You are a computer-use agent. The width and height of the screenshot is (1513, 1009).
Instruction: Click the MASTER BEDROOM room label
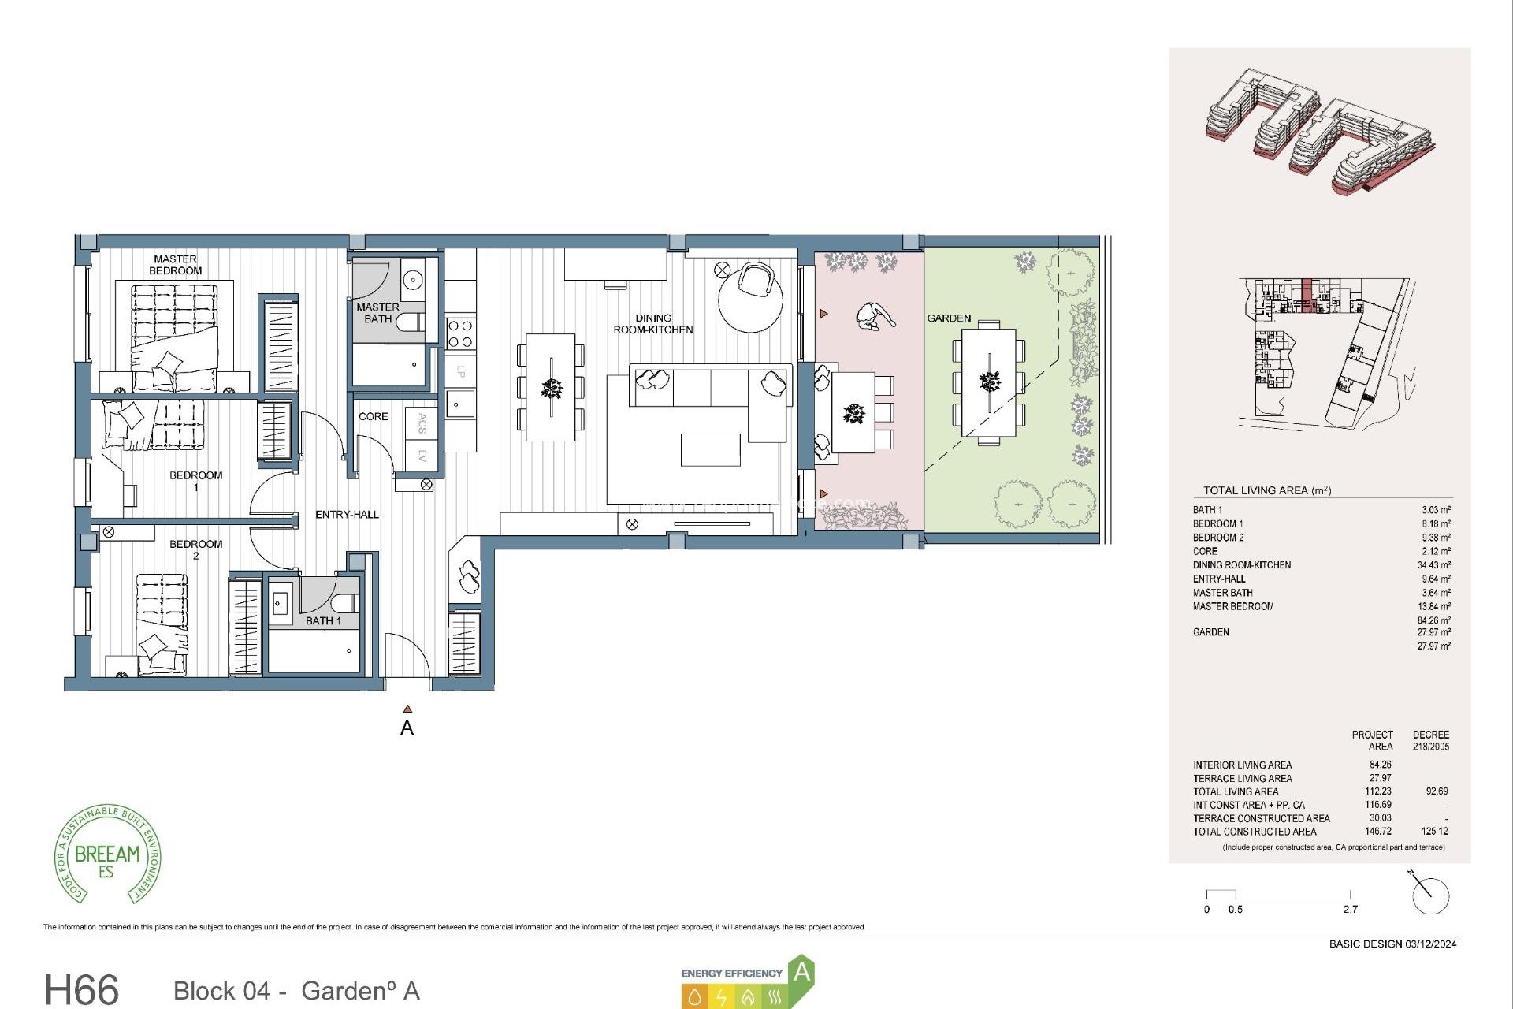pos(175,265)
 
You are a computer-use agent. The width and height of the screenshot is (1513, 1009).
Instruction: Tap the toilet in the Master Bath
pos(410,322)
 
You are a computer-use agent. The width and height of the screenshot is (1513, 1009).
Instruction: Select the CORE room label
pos(373,416)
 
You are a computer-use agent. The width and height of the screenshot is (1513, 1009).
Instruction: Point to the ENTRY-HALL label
pos(347,515)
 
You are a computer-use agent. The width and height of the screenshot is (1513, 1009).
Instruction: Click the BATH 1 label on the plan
pos(323,621)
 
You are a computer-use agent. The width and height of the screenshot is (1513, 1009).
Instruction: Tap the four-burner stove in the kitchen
pos(460,333)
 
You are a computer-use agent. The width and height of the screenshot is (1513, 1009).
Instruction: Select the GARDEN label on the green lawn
pos(949,318)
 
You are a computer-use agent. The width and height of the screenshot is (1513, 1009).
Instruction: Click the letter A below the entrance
pos(407,728)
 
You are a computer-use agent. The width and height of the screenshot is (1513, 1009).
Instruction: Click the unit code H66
pos(82,989)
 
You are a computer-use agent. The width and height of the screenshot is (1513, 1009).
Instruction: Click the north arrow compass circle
pos(1430,896)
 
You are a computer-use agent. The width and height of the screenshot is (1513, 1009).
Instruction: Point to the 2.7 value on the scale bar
pos(1350,909)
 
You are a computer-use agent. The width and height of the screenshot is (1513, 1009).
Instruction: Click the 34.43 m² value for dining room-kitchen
pos(1433,565)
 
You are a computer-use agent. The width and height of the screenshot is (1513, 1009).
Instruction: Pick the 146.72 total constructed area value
pos(1378,832)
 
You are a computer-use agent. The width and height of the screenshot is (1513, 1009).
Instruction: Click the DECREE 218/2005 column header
pos(1430,740)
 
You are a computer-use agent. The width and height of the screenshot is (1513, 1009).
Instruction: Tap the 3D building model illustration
pos(1319,132)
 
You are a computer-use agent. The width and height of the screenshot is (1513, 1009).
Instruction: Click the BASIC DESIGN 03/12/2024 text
pos(1392,944)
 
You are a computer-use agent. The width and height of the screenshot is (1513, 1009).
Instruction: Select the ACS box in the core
pos(422,423)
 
